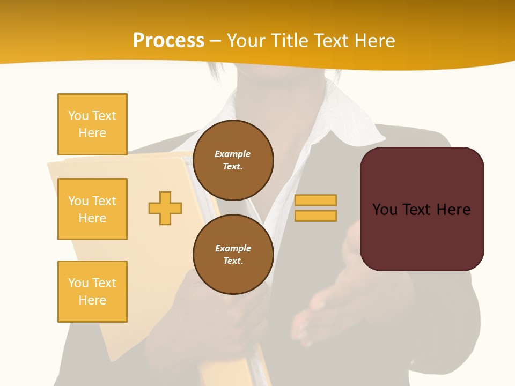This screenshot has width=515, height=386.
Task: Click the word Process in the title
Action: point(168,41)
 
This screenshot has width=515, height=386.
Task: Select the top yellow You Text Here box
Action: point(92,124)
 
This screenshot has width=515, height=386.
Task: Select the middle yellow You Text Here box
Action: point(92,209)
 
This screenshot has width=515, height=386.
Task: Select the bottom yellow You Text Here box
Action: point(92,292)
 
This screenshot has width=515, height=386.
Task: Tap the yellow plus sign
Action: point(165,208)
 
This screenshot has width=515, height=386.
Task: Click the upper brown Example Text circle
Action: point(233,160)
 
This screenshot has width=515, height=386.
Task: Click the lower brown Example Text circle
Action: point(233,255)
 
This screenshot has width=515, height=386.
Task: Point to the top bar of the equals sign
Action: point(315,200)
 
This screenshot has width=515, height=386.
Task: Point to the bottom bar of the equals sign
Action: point(315,216)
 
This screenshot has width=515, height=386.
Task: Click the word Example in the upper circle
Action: point(233,154)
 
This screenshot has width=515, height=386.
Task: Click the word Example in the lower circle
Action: point(233,248)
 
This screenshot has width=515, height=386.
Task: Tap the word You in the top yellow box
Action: point(78,116)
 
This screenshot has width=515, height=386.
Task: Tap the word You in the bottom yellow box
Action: point(78,283)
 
